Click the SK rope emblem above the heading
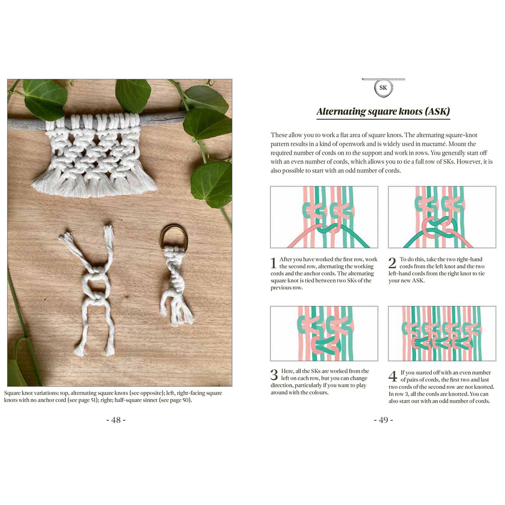(x=383, y=88)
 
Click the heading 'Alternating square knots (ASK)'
(x=383, y=111)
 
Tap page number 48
(x=116, y=420)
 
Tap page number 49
(x=383, y=420)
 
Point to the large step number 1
(x=273, y=263)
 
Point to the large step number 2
(x=392, y=263)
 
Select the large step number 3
(x=274, y=375)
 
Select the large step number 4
(x=393, y=376)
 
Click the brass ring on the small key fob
(x=174, y=235)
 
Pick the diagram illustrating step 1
(x=324, y=217)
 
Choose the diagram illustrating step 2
(x=442, y=217)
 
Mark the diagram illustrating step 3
(x=324, y=333)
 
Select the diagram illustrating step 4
(x=442, y=333)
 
